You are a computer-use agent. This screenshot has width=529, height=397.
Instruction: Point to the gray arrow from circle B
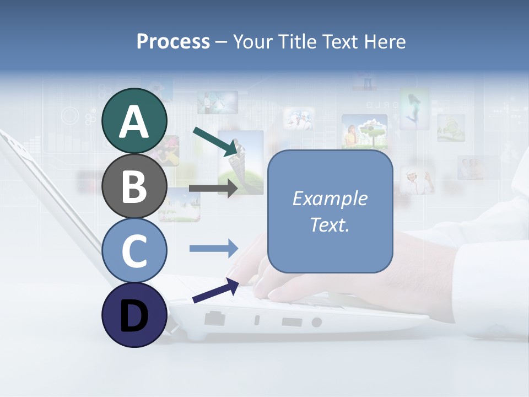click(213, 188)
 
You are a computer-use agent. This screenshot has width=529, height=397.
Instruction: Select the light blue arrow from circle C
click(214, 248)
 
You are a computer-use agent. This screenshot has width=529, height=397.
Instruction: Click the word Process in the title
click(173, 42)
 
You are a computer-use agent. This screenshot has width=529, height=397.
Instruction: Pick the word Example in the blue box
click(330, 198)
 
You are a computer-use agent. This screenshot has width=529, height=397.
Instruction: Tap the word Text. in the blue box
click(330, 224)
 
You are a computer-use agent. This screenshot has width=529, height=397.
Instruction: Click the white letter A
click(134, 122)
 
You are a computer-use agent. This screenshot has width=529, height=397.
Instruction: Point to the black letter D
click(134, 316)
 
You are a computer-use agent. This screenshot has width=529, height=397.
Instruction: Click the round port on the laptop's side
click(316, 322)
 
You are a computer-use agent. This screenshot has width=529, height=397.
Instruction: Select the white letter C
click(134, 251)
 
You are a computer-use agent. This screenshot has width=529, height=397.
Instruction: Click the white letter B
click(134, 187)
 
